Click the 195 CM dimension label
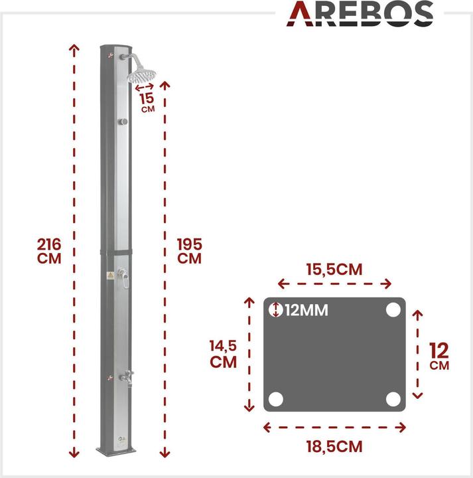[x=189, y=251]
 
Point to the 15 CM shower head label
[x=147, y=101]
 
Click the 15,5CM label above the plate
[x=334, y=270]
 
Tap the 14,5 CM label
[x=224, y=354]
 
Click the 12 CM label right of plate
[x=439, y=356]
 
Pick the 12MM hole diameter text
[x=306, y=310]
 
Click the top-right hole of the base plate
[x=393, y=310]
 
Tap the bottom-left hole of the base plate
[x=276, y=399]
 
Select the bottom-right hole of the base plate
[x=393, y=399]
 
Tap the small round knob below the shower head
[x=123, y=121]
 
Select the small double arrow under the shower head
[x=145, y=87]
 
